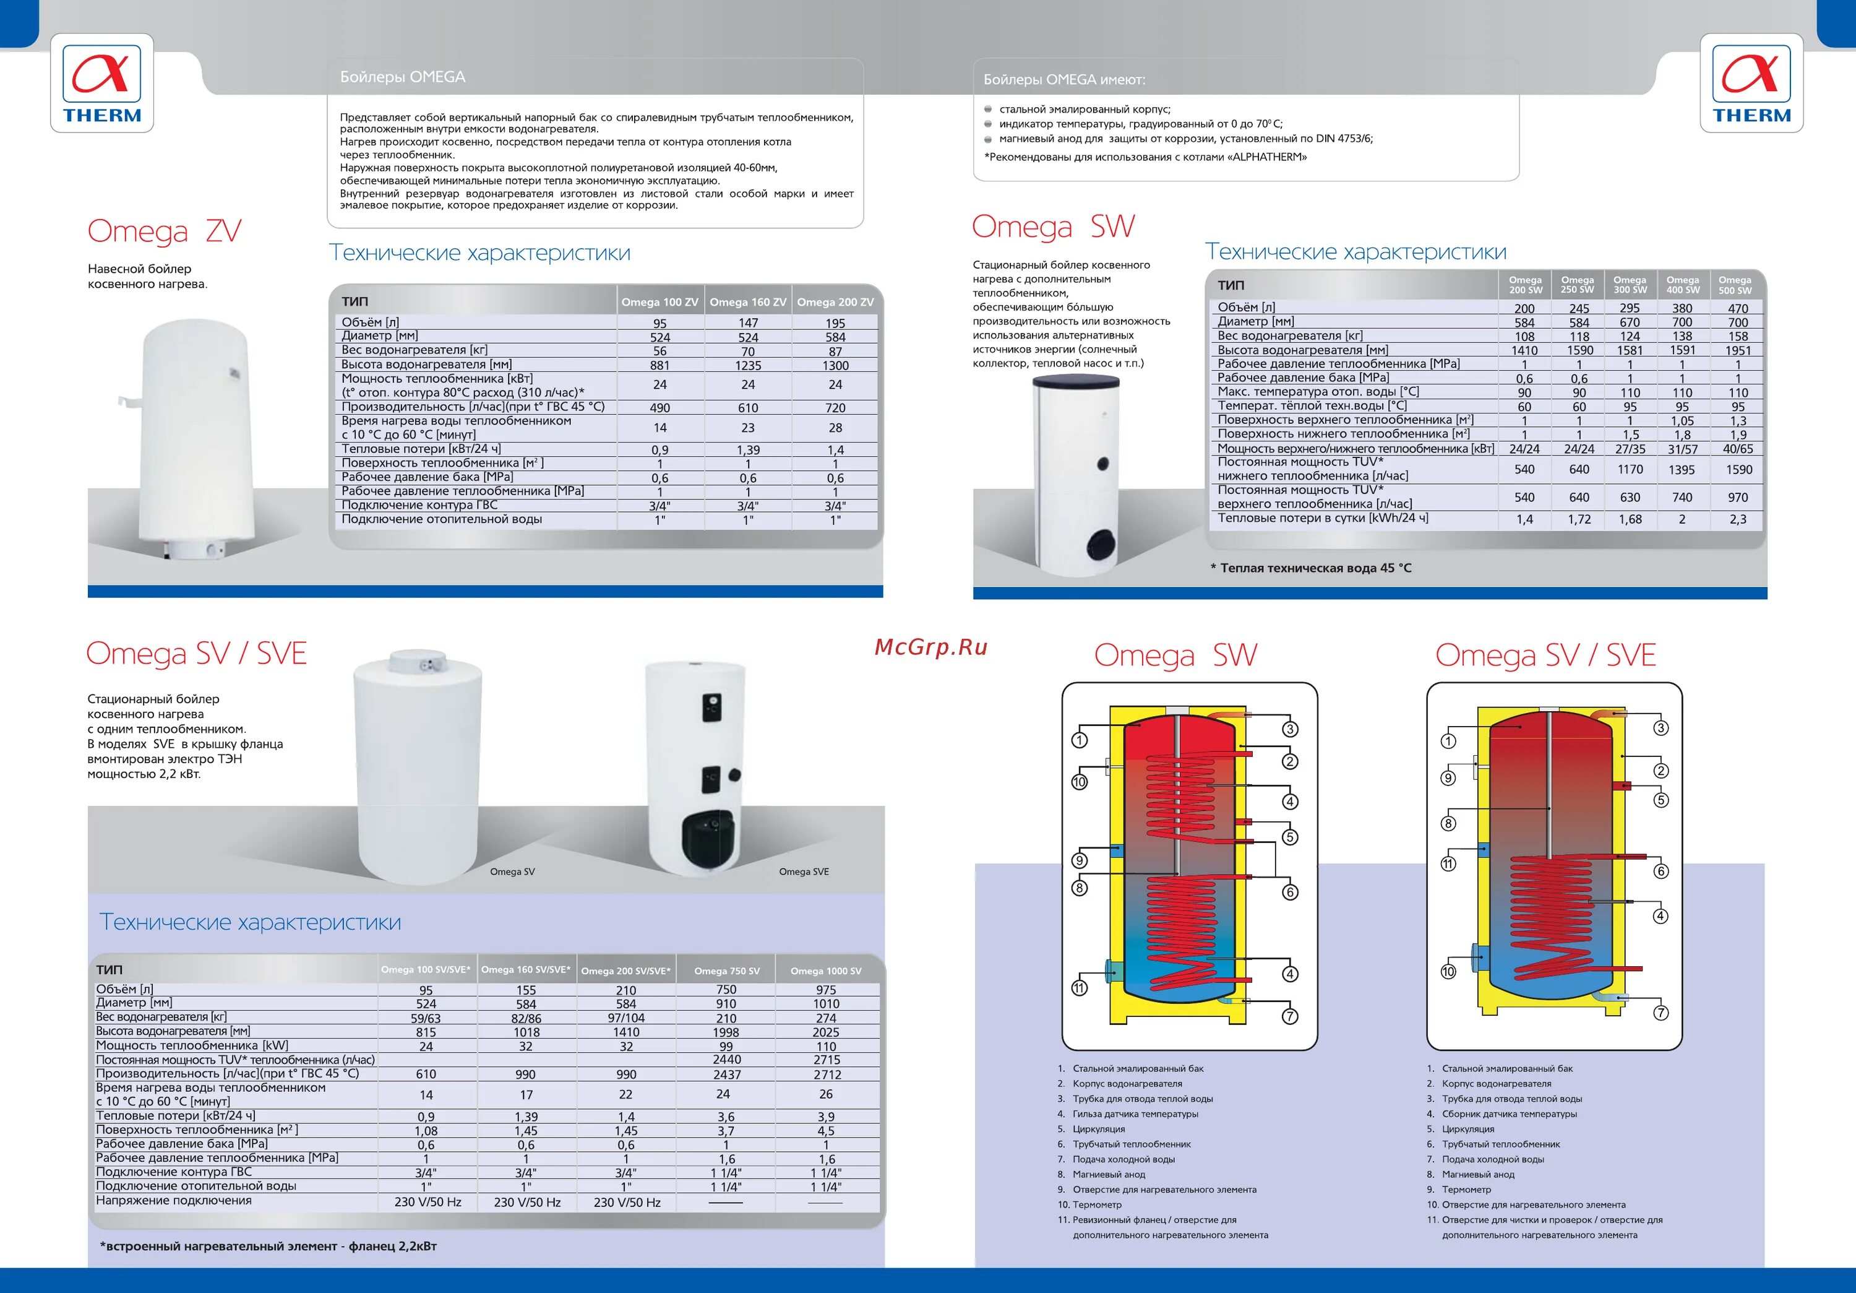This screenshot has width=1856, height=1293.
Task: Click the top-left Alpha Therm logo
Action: pos(102,84)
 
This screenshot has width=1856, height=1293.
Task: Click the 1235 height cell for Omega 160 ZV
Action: pos(748,366)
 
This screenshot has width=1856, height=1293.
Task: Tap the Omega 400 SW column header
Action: pos(1682,285)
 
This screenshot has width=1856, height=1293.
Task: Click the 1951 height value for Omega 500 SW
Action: pos(1738,351)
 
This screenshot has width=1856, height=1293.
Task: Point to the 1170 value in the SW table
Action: pos(1630,470)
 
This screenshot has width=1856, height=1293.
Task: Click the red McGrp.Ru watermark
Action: pos(931,647)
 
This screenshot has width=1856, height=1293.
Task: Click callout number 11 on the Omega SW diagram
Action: pos(1079,988)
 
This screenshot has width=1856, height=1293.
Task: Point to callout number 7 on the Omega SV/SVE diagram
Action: pos(1661,1013)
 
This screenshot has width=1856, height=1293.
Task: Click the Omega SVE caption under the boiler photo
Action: pos(804,871)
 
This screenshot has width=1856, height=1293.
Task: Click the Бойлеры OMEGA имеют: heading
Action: pos(1064,80)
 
